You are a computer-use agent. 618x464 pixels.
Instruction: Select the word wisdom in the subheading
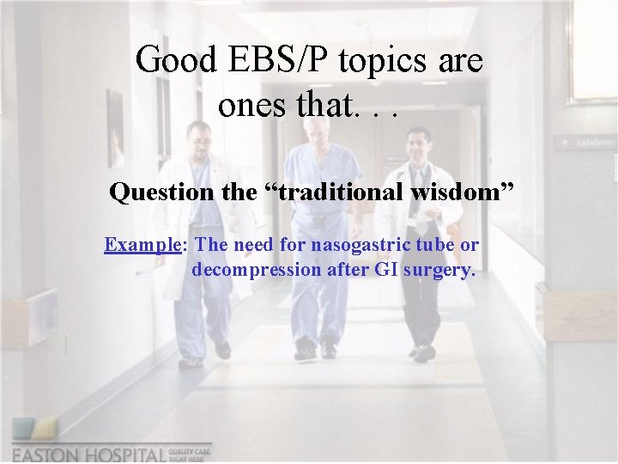461,192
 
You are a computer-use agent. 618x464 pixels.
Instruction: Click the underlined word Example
142,245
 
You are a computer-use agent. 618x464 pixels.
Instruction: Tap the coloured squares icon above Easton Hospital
35,430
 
